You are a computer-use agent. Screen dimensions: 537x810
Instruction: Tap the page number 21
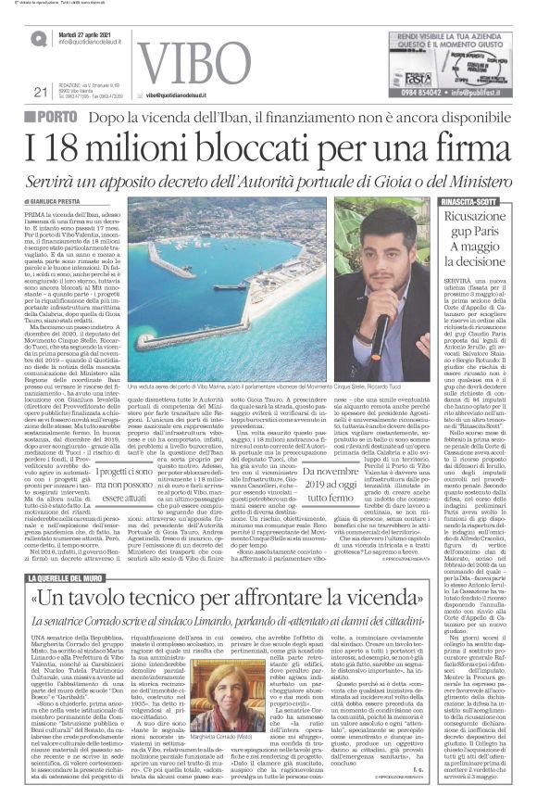click(39, 92)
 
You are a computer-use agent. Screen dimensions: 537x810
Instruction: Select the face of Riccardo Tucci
click(370, 260)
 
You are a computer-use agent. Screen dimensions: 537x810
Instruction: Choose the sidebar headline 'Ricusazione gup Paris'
click(482, 226)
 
